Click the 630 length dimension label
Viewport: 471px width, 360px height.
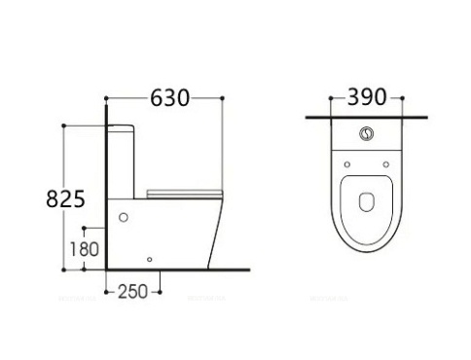(166, 98)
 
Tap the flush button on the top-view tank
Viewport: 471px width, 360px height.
(367, 136)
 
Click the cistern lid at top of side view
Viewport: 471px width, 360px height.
(125, 126)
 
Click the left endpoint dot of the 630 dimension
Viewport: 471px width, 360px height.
(106, 98)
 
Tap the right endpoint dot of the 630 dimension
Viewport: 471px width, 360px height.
(224, 98)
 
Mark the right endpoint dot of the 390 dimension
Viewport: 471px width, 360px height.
(406, 98)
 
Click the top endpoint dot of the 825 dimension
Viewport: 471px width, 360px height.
(64, 125)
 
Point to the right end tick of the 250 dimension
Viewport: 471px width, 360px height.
(160, 291)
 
